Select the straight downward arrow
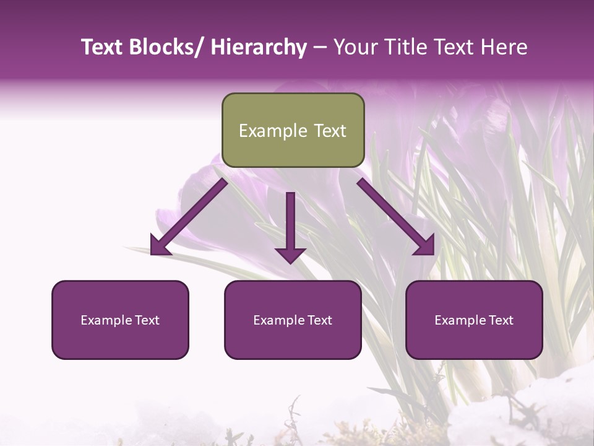pyautogui.click(x=290, y=226)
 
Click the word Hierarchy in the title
pyautogui.click(x=259, y=48)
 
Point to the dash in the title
pyautogui.click(x=320, y=48)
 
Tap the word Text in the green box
pyautogui.click(x=329, y=131)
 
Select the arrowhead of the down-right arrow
pyautogui.click(x=424, y=245)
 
